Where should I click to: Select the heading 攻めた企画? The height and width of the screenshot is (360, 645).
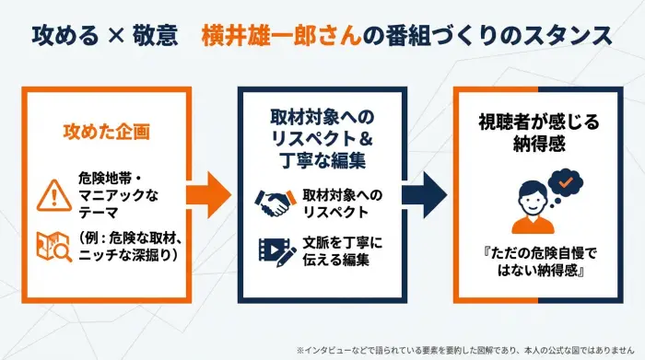106,130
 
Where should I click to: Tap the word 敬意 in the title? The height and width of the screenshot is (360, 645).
156,36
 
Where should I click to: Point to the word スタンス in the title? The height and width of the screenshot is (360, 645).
567,36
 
